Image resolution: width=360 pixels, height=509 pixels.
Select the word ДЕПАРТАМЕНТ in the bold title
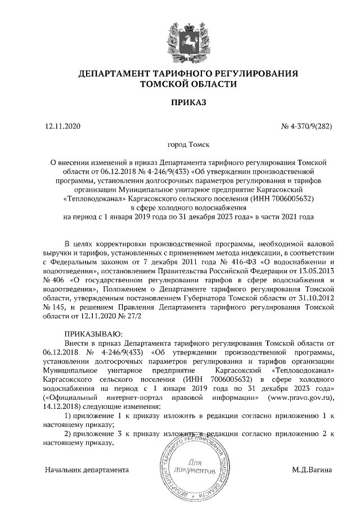coord(110,73)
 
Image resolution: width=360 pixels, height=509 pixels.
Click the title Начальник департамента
coord(87,469)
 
